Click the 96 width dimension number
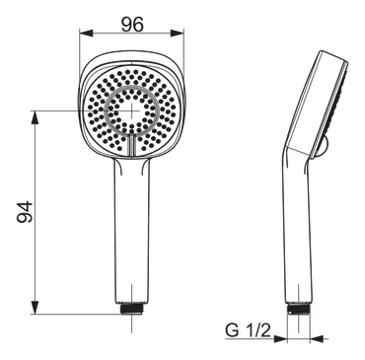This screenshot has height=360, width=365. [132, 25]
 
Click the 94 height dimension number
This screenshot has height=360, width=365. [25, 212]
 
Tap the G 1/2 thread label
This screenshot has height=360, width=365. [248, 330]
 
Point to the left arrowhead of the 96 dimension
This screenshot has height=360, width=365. [86, 34]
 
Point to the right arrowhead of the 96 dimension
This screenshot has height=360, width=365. [177, 34]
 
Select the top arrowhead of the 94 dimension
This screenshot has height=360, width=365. [36, 117]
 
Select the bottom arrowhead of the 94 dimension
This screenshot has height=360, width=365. [36, 307]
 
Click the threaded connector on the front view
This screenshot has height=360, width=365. [131, 309]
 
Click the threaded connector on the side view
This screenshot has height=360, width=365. [299, 309]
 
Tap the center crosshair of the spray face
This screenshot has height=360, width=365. [131, 110]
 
